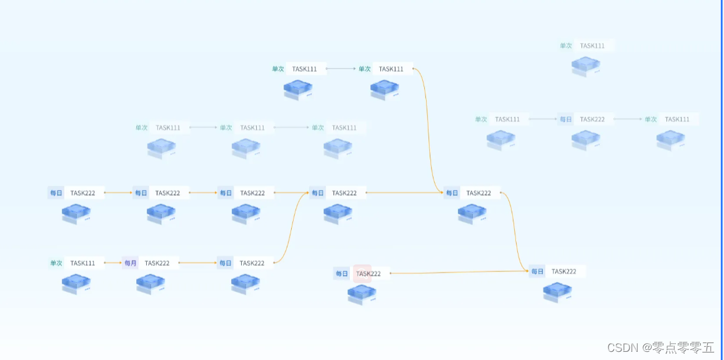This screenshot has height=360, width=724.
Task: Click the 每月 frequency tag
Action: point(130,263)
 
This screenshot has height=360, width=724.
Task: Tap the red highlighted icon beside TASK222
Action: point(362,273)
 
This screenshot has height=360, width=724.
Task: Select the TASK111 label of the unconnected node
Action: point(592,46)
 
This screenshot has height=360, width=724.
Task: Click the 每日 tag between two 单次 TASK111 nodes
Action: point(565,119)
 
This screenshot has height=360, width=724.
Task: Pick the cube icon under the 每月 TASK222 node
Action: point(150,284)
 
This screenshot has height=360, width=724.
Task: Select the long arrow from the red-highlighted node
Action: point(459,272)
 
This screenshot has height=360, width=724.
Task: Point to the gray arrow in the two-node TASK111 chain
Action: point(340,69)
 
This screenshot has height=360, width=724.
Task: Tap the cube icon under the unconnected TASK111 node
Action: point(586,66)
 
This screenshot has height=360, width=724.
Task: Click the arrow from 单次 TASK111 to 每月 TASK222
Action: point(112,263)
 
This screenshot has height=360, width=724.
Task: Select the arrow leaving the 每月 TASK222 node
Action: point(197,263)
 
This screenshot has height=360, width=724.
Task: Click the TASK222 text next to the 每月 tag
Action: point(157,263)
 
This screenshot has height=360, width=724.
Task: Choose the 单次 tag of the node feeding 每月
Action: point(56,263)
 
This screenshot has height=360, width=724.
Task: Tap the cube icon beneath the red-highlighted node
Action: point(362,294)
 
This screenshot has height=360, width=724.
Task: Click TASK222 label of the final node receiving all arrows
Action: point(563,271)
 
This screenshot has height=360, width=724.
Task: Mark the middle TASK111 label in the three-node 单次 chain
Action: point(252,127)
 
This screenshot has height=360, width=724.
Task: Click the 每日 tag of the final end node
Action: point(537,271)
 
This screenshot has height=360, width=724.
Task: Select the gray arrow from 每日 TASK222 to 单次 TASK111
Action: point(628,119)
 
